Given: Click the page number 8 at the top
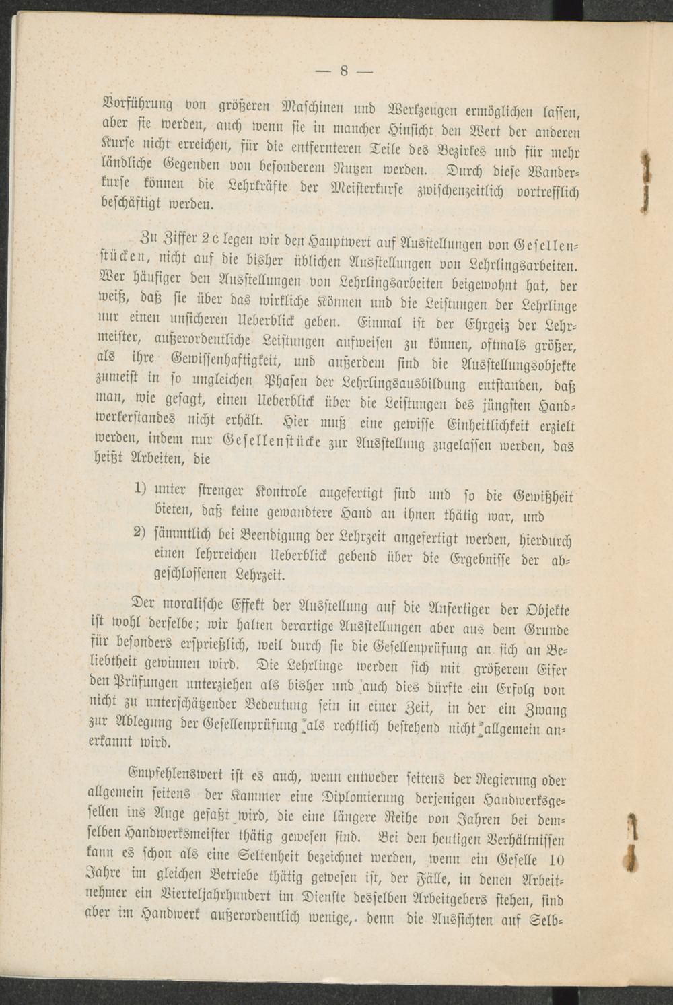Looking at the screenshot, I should point(343,71).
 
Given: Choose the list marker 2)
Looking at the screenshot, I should point(141,532).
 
